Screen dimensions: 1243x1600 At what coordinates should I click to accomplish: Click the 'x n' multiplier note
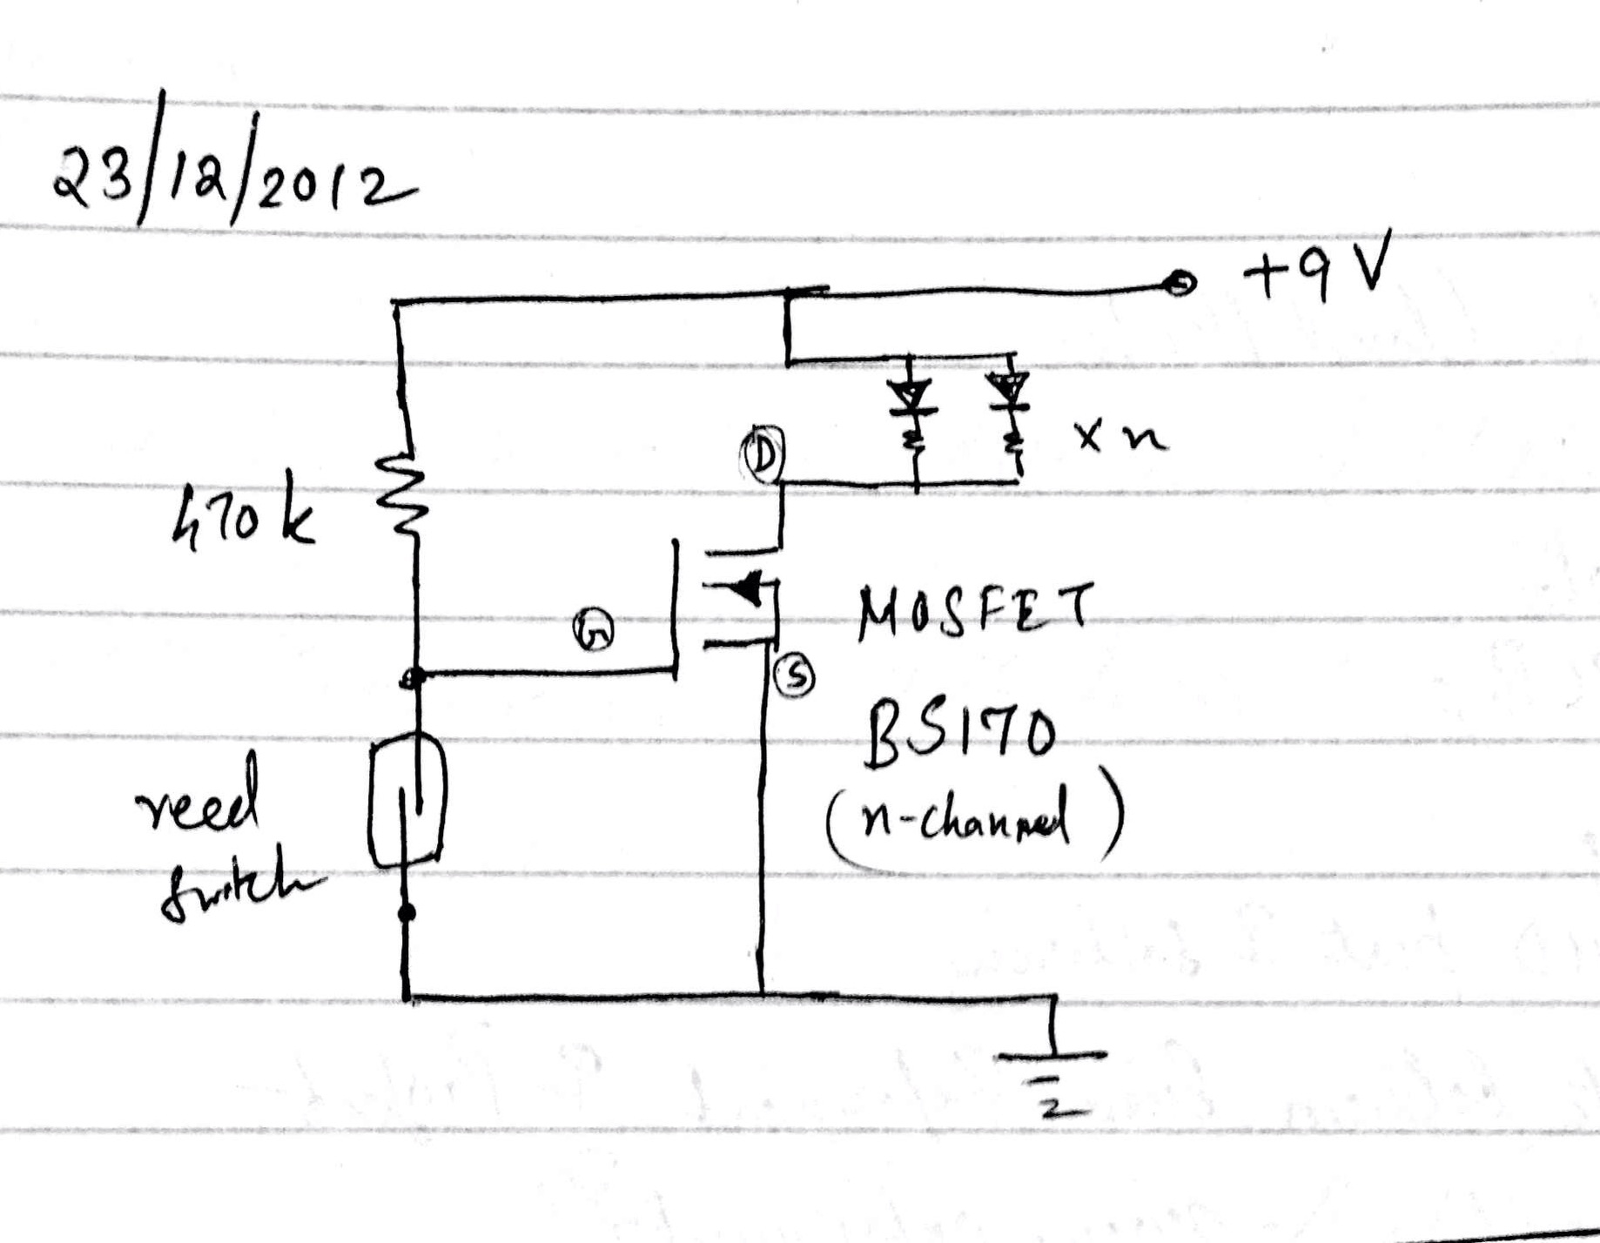tap(1119, 439)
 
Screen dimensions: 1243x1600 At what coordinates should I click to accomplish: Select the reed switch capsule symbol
tap(407, 801)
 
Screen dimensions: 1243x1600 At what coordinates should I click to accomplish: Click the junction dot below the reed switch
tap(406, 912)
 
